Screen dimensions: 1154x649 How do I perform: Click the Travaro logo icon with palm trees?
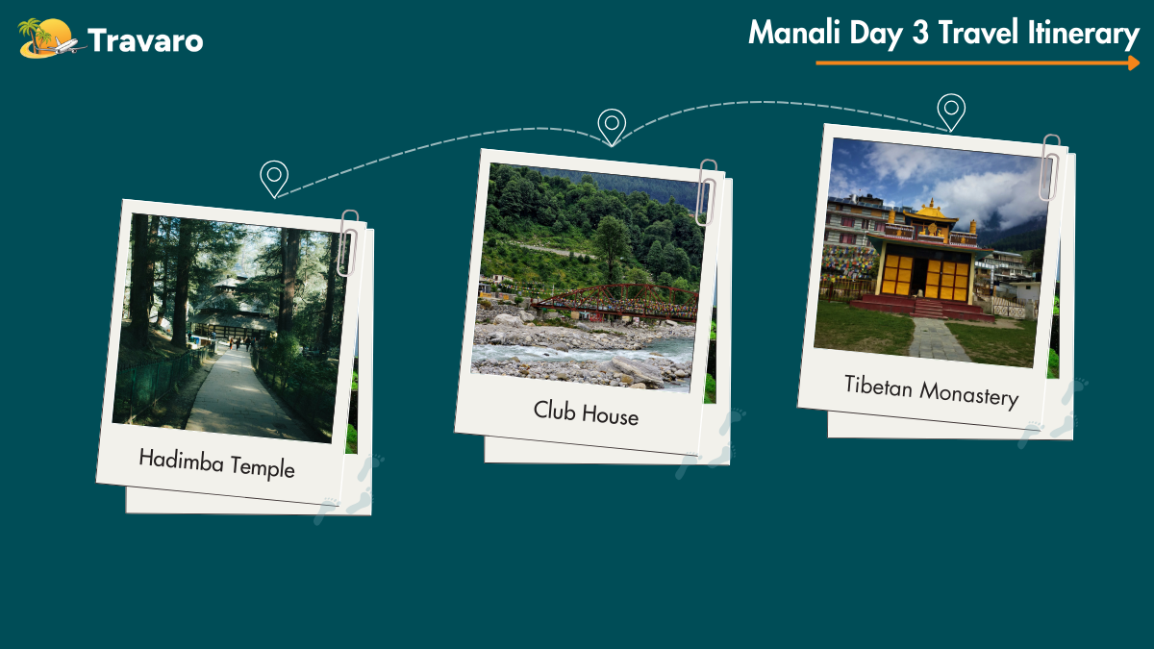point(50,38)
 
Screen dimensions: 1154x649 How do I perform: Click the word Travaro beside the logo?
point(145,40)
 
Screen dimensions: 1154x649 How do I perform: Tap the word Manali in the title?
point(794,33)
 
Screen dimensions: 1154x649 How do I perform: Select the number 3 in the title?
point(920,33)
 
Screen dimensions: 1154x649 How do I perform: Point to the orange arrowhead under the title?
point(1134,62)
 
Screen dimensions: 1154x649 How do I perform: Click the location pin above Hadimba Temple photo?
point(274,179)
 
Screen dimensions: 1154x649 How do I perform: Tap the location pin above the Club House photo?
point(612,127)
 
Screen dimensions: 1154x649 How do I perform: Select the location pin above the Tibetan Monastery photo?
point(951,112)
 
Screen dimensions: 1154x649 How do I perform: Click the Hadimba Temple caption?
point(217,463)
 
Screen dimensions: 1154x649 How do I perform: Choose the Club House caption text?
point(586,412)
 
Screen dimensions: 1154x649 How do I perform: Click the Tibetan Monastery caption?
point(932,391)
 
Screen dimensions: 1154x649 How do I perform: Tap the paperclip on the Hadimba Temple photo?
point(348,243)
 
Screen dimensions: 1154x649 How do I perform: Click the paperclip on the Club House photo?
point(706,192)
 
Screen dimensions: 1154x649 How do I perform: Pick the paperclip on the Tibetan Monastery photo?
point(1050,167)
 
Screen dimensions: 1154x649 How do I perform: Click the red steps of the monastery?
point(927,309)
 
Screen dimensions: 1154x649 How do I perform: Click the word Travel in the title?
point(978,33)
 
